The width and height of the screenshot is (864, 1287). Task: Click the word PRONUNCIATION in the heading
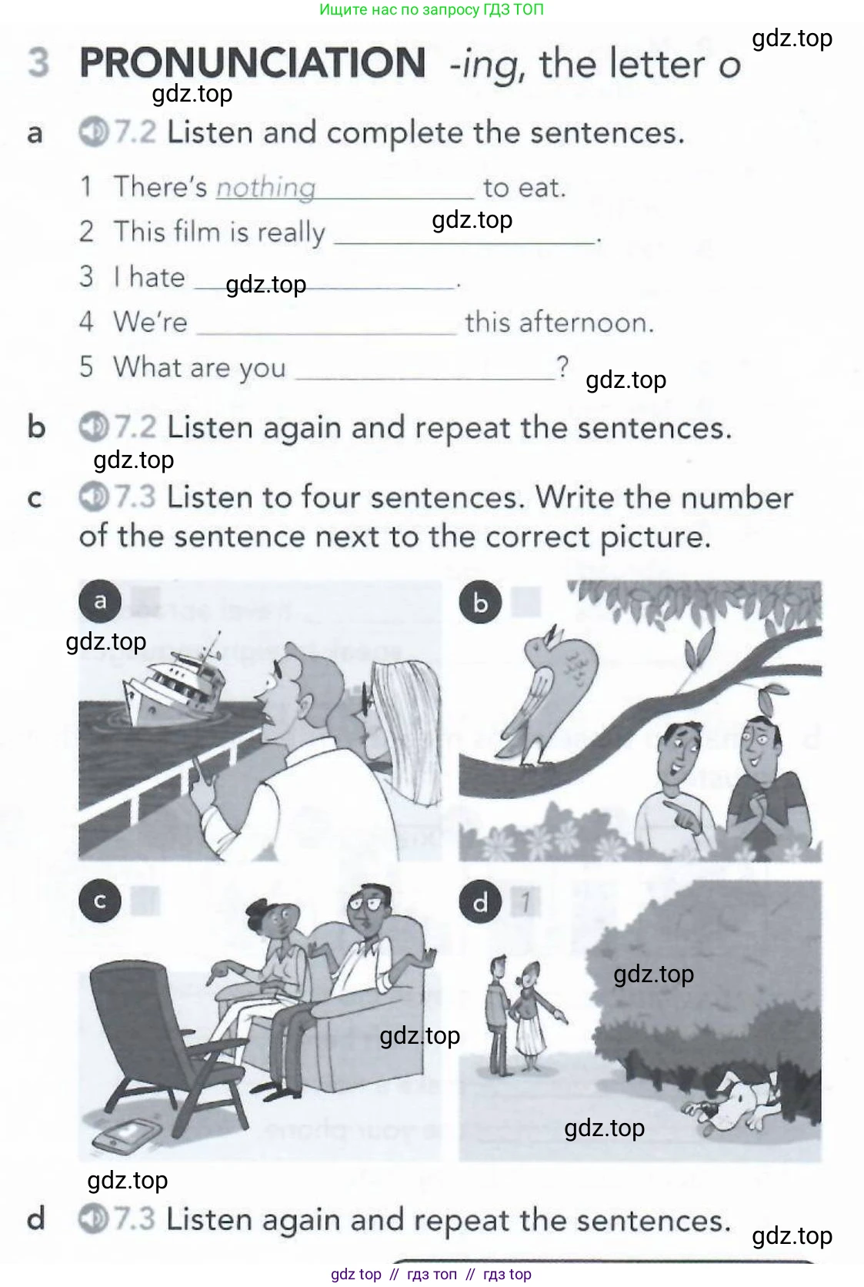tap(252, 63)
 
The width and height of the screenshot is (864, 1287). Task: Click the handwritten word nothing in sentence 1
tap(265, 187)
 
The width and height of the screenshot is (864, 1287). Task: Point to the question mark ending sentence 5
tap(563, 366)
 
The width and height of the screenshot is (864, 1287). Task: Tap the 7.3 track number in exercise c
tap(135, 497)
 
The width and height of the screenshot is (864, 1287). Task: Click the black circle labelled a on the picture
tap(100, 601)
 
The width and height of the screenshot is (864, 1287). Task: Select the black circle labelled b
tap(480, 602)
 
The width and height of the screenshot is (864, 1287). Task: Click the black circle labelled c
tap(100, 901)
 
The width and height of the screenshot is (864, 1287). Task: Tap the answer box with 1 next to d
tap(525, 902)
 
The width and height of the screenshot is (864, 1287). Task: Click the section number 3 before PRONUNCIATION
tap(38, 63)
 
